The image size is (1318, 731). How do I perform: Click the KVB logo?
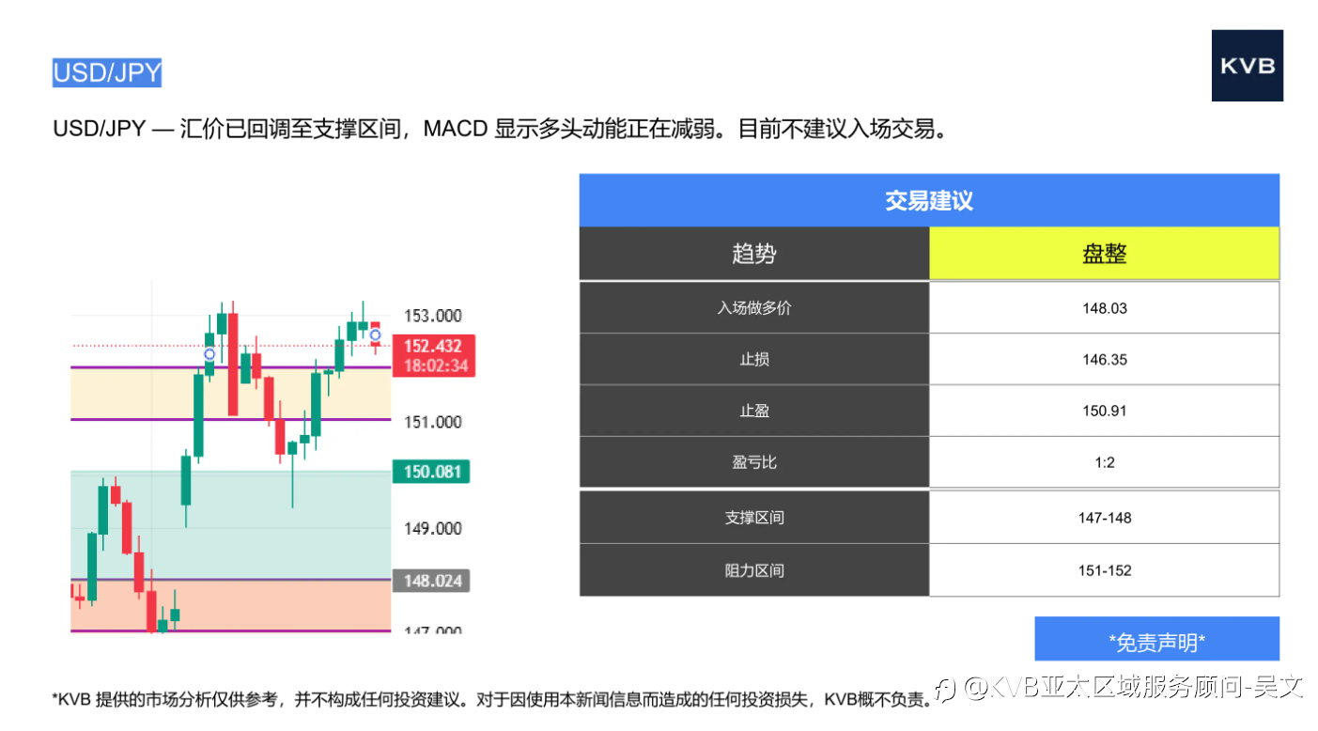[1247, 66]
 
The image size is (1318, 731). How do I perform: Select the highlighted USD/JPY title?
[107, 73]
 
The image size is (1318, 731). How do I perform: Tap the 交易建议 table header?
[929, 201]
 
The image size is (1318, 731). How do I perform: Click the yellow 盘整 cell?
[1105, 254]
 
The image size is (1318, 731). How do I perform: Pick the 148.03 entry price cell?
[1105, 308]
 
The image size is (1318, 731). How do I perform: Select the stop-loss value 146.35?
[1105, 359]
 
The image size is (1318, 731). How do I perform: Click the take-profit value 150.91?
[1105, 411]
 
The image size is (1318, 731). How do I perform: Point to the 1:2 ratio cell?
[1105, 462]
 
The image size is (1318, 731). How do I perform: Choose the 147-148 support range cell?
[1105, 518]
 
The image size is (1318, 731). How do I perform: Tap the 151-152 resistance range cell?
[1105, 570]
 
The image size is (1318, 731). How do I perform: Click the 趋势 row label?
[754, 254]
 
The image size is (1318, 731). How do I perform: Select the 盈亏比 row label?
[754, 462]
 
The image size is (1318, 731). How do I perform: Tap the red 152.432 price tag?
[434, 355]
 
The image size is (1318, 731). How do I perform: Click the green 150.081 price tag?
[430, 472]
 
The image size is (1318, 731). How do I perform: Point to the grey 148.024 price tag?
[430, 581]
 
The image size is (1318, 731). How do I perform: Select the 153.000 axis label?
[432, 316]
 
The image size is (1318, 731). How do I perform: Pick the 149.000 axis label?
[432, 529]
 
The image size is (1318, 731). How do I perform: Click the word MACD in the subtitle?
[456, 129]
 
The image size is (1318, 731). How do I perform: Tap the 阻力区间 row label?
[754, 570]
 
